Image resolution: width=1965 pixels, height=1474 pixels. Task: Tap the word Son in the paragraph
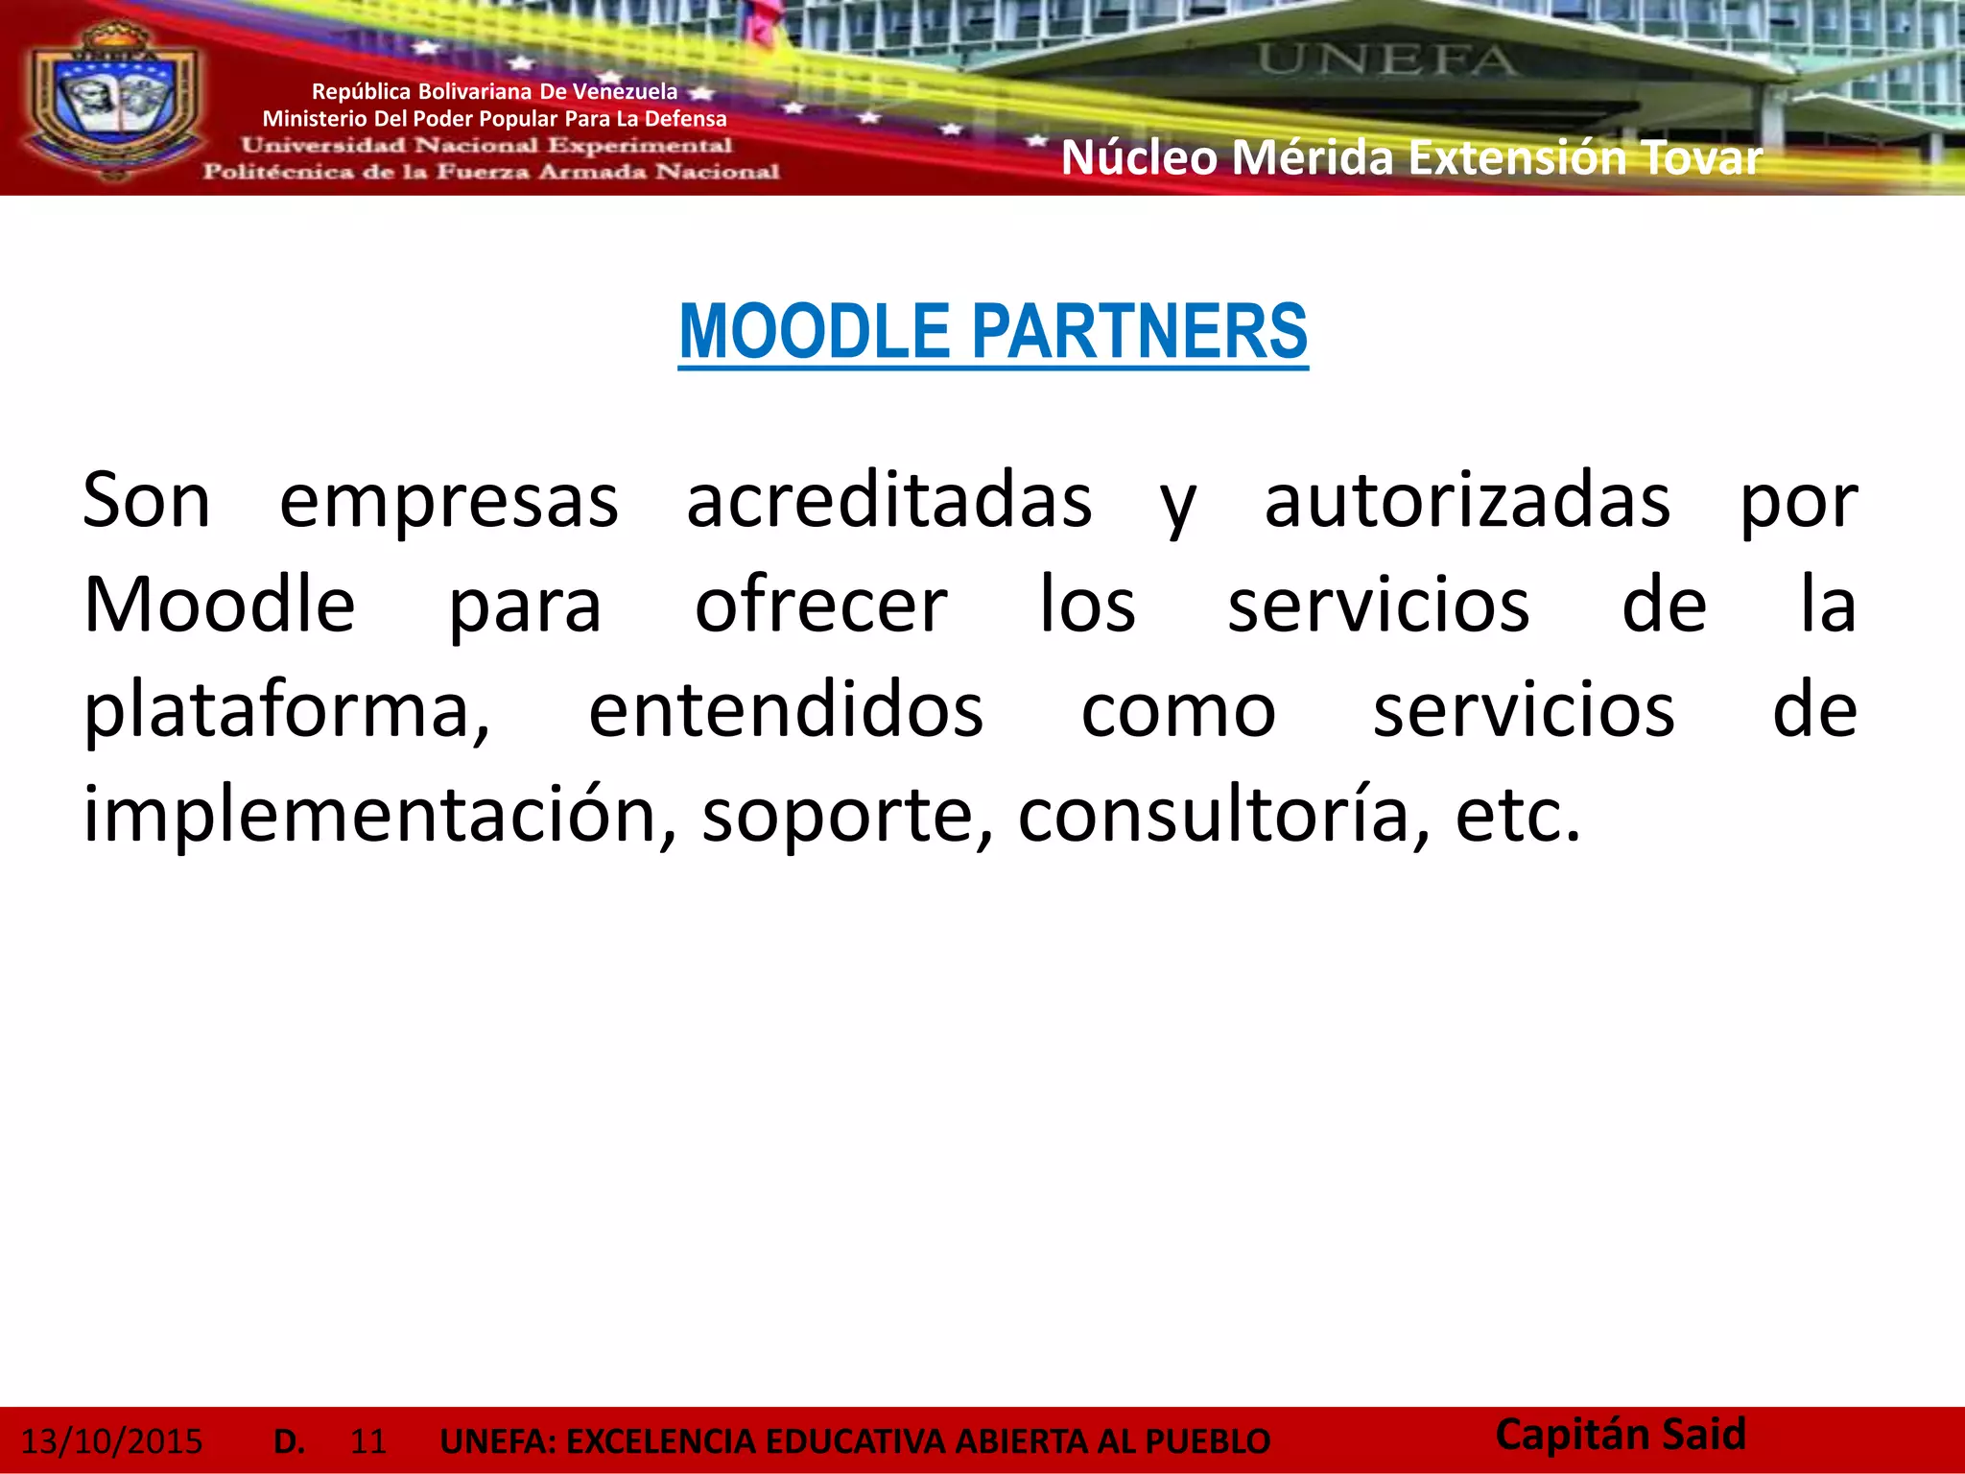coord(146,501)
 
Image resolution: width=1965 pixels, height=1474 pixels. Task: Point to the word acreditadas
coord(888,501)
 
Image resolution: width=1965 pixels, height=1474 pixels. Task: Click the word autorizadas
coord(1467,501)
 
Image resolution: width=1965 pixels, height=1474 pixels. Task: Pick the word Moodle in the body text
coord(220,606)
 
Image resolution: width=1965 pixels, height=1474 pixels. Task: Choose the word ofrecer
coord(821,606)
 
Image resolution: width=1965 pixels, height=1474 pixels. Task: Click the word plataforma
coord(286,711)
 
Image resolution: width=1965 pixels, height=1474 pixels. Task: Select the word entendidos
coord(786,711)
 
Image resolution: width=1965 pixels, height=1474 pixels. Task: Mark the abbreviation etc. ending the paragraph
coord(1517,816)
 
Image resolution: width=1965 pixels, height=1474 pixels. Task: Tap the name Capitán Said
coord(1621,1435)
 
